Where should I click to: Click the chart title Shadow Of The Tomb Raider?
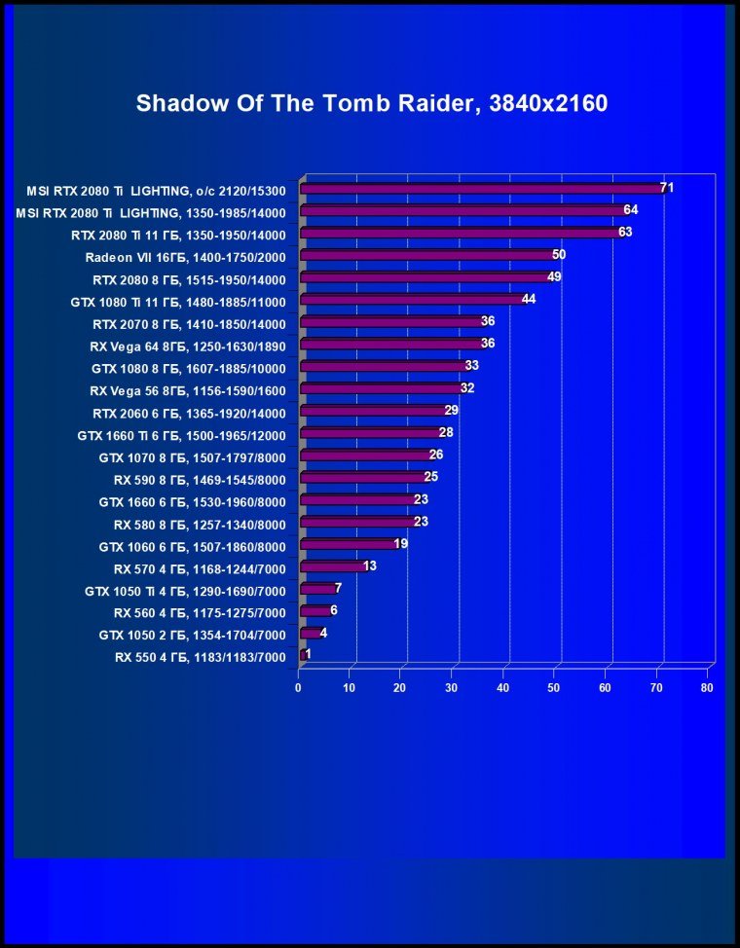pos(371,103)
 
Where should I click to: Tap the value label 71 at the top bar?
pos(667,187)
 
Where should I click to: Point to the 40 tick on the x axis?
pos(503,687)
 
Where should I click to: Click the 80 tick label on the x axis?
pos(707,687)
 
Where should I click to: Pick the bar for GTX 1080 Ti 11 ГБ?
pos(413,300)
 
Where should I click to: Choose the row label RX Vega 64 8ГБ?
pos(185,345)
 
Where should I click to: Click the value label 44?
pos(529,299)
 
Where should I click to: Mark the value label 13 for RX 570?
pos(369,565)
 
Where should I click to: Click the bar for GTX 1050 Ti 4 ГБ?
pos(317,588)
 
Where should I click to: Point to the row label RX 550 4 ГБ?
pos(200,658)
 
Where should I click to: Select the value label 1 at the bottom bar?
pos(308,654)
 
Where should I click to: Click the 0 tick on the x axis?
pos(299,687)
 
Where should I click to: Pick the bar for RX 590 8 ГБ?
pos(362,478)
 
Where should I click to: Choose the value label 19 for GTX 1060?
pos(400,543)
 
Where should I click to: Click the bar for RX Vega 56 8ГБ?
pos(381,388)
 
